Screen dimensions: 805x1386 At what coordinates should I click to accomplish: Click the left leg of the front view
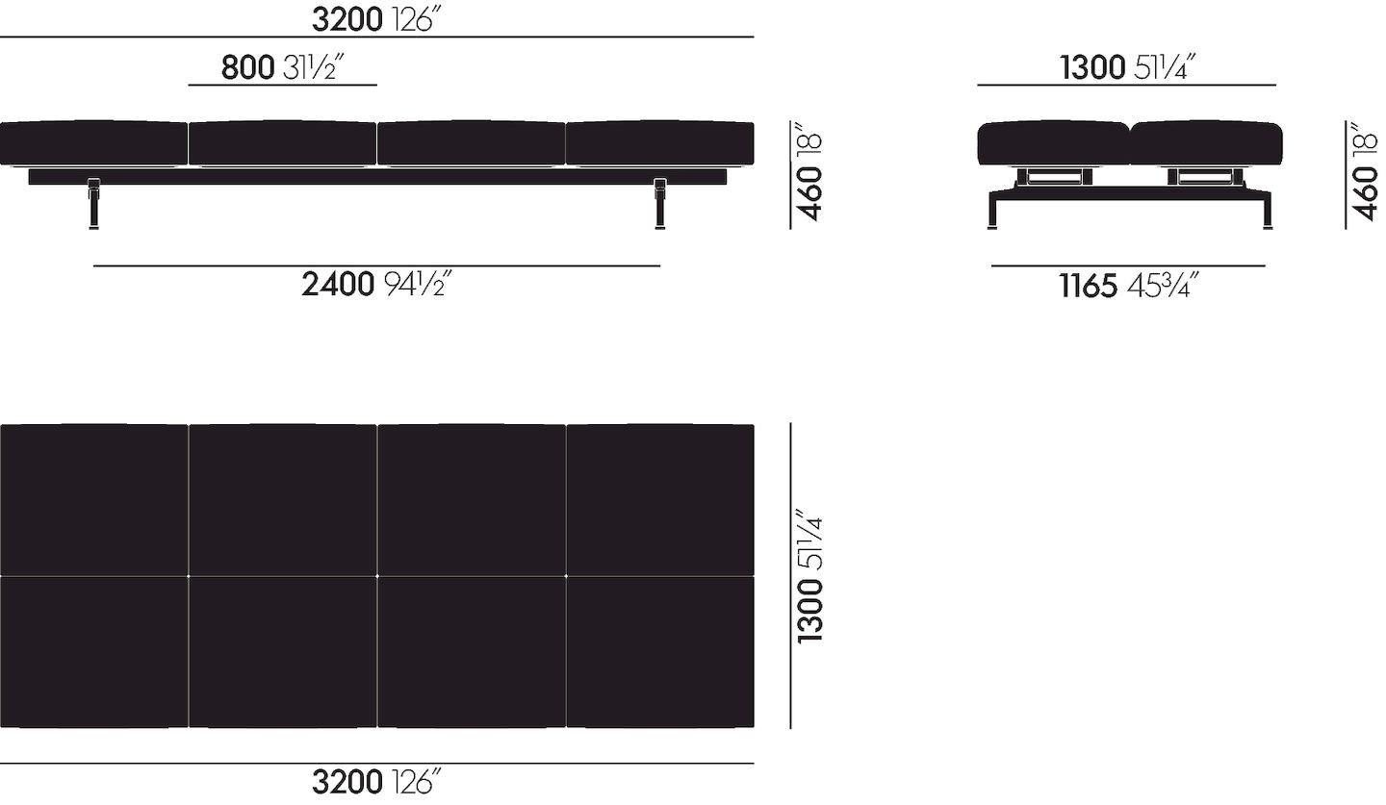[93, 204]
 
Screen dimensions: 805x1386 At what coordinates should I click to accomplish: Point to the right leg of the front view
[660, 204]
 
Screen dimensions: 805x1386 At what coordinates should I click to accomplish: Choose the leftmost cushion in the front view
[93, 143]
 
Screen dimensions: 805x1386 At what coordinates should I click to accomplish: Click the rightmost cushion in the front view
[659, 143]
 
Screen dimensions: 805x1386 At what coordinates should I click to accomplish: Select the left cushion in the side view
[1053, 143]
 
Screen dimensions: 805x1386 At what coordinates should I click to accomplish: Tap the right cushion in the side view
[1206, 143]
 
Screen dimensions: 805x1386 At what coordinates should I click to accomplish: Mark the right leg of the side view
[1266, 212]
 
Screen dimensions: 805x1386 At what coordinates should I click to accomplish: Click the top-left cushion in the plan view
[93, 499]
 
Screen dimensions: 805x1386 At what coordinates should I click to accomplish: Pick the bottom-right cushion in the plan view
[659, 651]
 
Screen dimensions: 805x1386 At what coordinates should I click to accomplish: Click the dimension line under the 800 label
[282, 85]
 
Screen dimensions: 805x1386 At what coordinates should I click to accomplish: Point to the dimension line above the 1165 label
[1128, 265]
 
